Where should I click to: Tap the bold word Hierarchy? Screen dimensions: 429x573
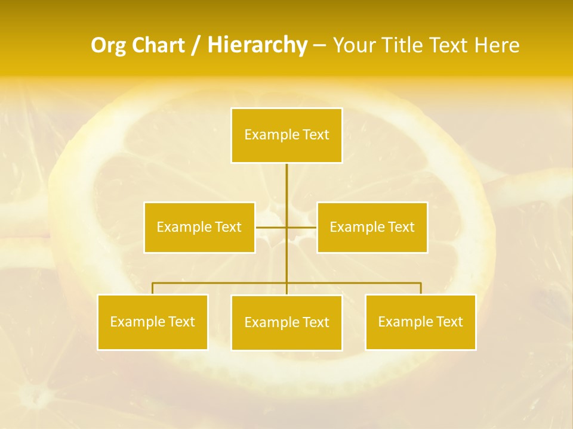[x=257, y=45]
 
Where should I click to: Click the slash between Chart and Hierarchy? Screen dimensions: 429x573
[x=196, y=46]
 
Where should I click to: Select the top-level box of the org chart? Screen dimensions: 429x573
[x=286, y=135]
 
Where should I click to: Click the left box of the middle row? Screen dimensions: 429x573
[x=199, y=228]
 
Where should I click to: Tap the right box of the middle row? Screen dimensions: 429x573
[x=372, y=228]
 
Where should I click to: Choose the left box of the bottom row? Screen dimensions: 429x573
[x=153, y=322]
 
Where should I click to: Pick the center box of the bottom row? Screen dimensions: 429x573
[x=286, y=323]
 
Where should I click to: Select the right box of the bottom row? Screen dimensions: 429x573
[x=420, y=322]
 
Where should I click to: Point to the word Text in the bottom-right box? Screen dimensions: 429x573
[x=449, y=322]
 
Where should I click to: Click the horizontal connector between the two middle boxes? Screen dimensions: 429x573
[x=272, y=227]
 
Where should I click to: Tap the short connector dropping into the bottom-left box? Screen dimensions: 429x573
[x=153, y=288]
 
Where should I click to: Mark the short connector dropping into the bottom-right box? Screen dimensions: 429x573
[x=421, y=288]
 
